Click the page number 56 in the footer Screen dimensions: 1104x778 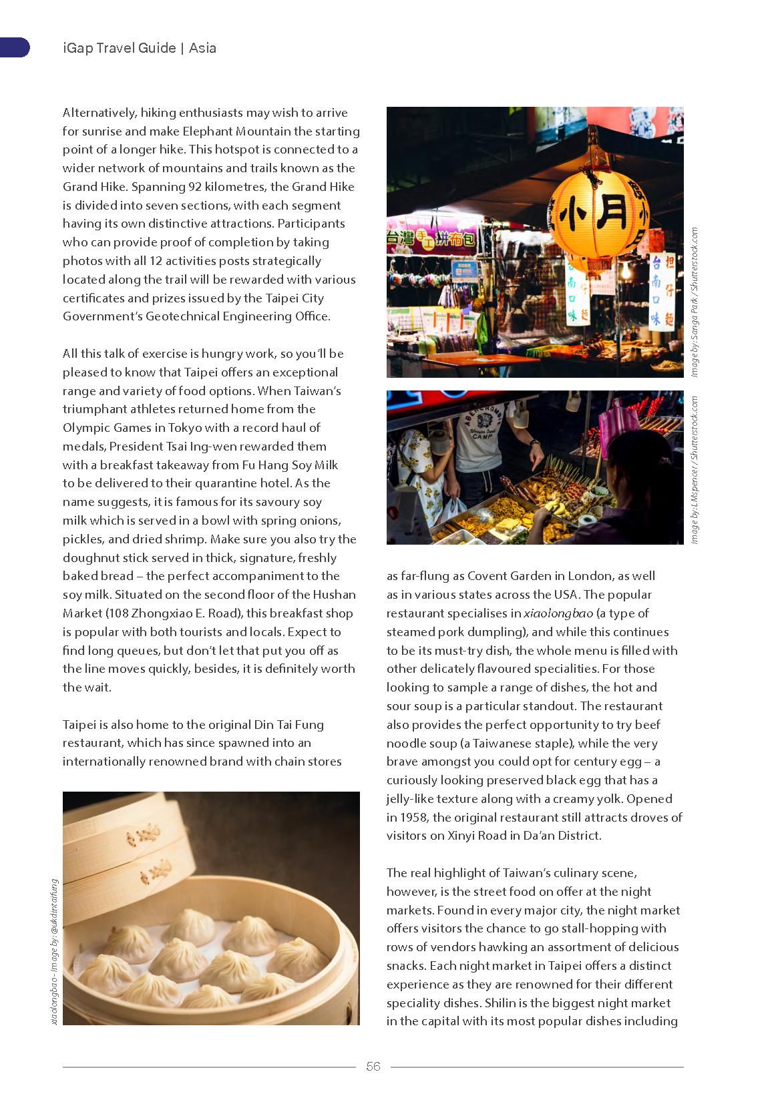(x=373, y=1066)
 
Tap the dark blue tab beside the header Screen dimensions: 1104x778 (x=14, y=47)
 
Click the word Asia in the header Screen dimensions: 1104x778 (x=202, y=48)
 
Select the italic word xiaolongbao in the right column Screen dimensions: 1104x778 (x=558, y=613)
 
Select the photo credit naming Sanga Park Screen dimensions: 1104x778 (x=695, y=303)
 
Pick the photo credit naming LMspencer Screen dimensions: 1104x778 (x=695, y=470)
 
